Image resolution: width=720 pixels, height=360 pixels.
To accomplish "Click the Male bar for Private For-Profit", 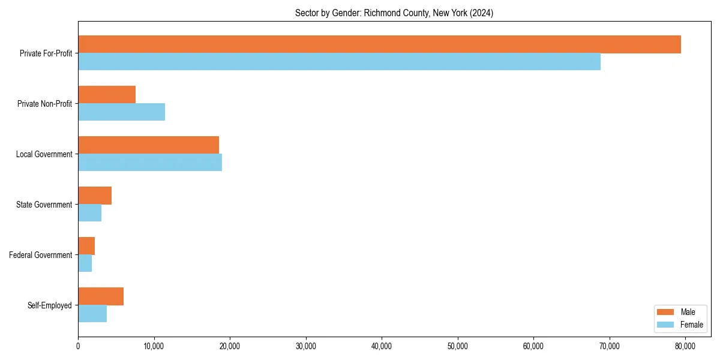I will pos(379,44).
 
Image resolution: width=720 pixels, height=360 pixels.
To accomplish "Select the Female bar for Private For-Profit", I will pos(339,62).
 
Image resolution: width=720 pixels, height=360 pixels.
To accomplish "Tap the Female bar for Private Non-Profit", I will pos(121,112).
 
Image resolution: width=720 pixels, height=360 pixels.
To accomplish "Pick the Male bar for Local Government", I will pos(148,145).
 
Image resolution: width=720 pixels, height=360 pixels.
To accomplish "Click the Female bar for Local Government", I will pos(150,163).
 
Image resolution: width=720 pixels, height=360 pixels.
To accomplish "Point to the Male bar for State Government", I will pos(95,196).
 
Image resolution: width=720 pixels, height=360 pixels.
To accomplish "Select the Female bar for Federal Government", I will pos(85,263).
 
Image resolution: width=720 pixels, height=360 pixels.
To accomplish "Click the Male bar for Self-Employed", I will pos(101,296).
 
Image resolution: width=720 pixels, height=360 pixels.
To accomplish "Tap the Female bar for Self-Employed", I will pos(92,314).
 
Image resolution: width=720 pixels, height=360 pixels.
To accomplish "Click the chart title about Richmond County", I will pos(394,13).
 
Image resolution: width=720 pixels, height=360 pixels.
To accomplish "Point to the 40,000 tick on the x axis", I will pos(382,346).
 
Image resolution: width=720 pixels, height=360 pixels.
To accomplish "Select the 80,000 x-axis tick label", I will pos(685,346).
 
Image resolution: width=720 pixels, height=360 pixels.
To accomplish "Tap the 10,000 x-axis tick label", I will pos(154,346).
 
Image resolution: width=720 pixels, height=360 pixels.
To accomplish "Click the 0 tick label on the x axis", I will pos(78,346).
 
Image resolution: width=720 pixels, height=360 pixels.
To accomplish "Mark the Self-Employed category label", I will pos(50,305).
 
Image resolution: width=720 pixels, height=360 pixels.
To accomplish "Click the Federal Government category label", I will pos(41,255).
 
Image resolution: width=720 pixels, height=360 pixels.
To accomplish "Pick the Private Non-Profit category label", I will pos(44,104).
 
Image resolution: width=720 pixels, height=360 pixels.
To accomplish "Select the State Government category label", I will pos(44,205).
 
